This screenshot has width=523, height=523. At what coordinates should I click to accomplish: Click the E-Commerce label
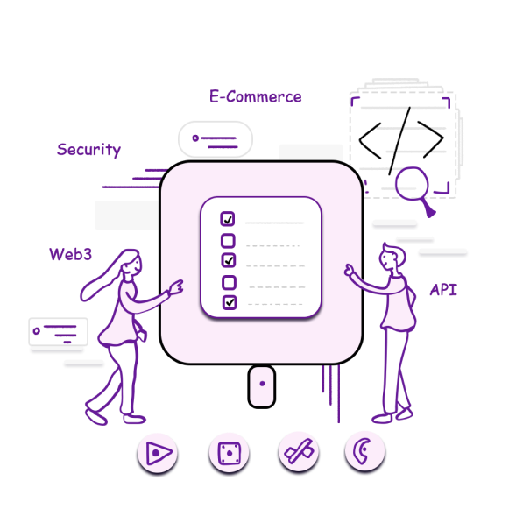coord(256,96)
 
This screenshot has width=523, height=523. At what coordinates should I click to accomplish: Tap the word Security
coord(88,150)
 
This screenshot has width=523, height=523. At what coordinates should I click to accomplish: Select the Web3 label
coord(70,255)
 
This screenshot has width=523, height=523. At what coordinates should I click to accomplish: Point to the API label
coord(443,289)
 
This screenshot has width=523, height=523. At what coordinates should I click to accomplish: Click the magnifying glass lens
coord(412,183)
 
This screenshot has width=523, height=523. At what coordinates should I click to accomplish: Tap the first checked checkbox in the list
coord(228,219)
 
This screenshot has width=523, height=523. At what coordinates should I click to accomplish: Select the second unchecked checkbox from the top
coord(230,282)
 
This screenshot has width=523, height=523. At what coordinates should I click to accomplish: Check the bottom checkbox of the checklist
coord(230,302)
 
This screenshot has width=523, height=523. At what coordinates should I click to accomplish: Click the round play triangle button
coord(158,453)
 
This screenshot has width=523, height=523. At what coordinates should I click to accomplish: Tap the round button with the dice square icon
coord(229,453)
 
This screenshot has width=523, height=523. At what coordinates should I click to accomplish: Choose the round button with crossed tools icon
coord(299,452)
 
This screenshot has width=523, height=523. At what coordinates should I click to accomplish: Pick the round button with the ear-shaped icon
coord(365,451)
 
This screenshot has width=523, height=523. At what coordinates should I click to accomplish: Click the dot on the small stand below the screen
coord(262,384)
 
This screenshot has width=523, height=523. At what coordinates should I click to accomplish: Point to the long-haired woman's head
coord(131,263)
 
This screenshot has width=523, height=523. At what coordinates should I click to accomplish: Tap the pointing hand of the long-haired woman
coord(176,287)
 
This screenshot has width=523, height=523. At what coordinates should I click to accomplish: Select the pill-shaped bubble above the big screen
coord(216,139)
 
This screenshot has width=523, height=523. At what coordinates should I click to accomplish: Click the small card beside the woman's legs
coord(59,331)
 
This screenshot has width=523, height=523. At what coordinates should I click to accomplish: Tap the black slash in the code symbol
coord(399,141)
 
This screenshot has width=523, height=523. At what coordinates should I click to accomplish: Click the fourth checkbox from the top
coord(230,282)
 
